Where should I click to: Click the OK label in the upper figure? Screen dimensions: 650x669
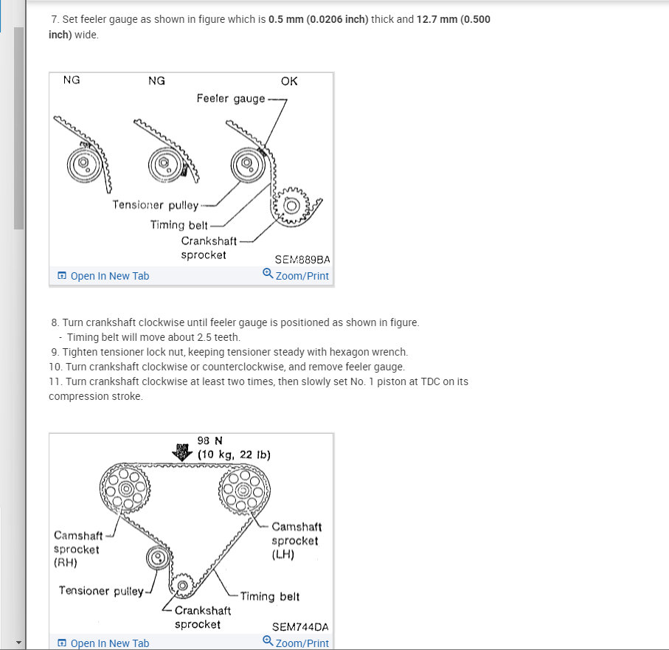(289, 81)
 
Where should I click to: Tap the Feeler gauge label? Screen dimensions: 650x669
(230, 98)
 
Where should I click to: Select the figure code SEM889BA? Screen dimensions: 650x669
(302, 260)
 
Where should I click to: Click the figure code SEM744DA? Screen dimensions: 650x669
(300, 627)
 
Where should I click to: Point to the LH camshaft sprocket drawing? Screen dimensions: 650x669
(244, 489)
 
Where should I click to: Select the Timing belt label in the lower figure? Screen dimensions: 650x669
(269, 596)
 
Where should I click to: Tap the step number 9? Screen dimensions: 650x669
(55, 352)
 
